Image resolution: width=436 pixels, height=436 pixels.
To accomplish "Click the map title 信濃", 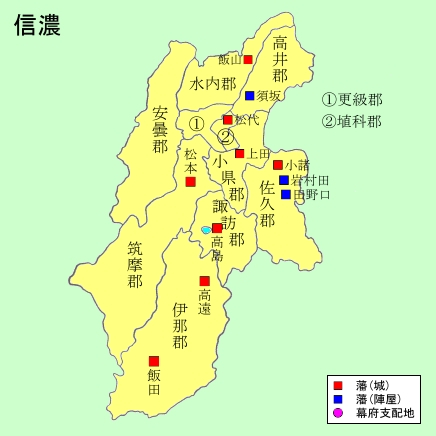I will pyautogui.click(x=38, y=26).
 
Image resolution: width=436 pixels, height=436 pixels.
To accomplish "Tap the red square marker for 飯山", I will pyautogui.click(x=247, y=60).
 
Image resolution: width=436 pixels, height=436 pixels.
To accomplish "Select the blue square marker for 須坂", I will pyautogui.click(x=249, y=96).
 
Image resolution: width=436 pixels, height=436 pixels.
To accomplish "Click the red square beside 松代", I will pyautogui.click(x=228, y=120).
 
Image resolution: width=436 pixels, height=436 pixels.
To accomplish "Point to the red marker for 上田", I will pyautogui.click(x=240, y=154).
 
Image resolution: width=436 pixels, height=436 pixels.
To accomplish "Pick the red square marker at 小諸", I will pyautogui.click(x=278, y=165).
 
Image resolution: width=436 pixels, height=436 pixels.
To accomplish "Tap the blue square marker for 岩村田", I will pyautogui.click(x=284, y=180).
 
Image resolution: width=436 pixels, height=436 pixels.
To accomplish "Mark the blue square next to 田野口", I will pyautogui.click(x=286, y=194).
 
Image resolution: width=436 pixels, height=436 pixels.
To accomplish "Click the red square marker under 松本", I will pyautogui.click(x=190, y=182).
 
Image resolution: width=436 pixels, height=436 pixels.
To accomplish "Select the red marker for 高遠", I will pyautogui.click(x=205, y=281).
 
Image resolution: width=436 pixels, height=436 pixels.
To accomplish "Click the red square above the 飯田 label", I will pyautogui.click(x=154, y=361).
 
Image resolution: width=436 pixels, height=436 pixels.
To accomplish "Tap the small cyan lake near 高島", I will pyautogui.click(x=206, y=230).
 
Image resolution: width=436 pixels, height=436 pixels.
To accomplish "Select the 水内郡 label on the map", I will pyautogui.click(x=213, y=85).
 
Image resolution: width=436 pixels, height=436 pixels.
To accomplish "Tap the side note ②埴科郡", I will pyautogui.click(x=351, y=122).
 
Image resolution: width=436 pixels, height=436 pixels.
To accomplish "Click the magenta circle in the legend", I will pyautogui.click(x=338, y=413).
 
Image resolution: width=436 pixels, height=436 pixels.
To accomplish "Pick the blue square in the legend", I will pyautogui.click(x=338, y=399).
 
